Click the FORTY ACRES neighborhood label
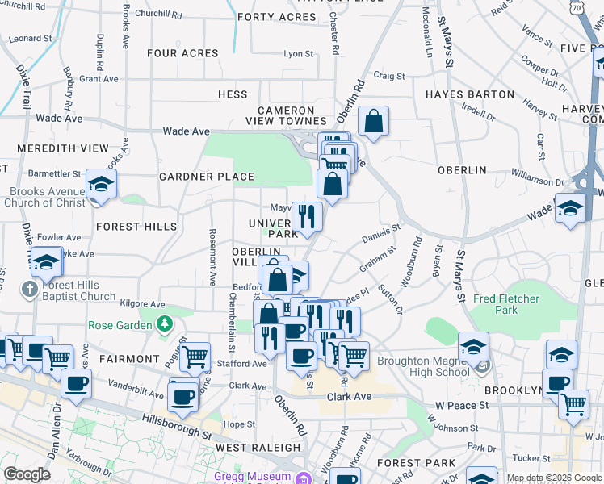pyautogui.click(x=276, y=17)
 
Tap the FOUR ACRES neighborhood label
pyautogui.click(x=182, y=54)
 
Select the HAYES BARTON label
pyautogui.click(x=470, y=94)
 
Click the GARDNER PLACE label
pyautogui.click(x=207, y=177)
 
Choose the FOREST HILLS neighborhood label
pyautogui.click(x=136, y=227)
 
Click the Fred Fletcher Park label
pyautogui.click(x=506, y=304)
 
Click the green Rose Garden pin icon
pyautogui.click(x=165, y=324)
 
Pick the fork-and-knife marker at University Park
pyautogui.click(x=307, y=215)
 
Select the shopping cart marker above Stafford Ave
pyautogui.click(x=195, y=356)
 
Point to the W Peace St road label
pyautogui.click(x=463, y=404)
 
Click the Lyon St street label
pyautogui.click(x=298, y=54)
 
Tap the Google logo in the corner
pyautogui.click(x=26, y=474)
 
